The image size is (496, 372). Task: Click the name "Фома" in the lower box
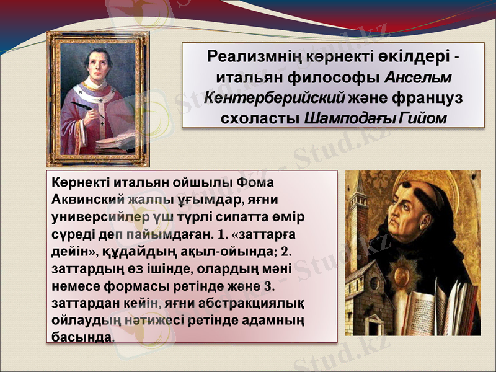click(x=256, y=184)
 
